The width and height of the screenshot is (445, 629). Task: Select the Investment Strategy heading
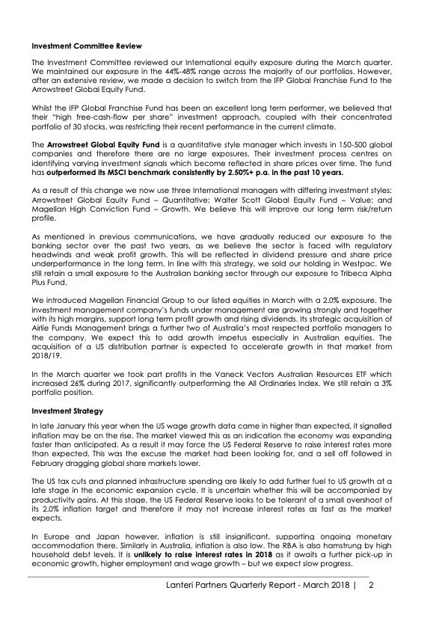[x=62, y=411]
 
